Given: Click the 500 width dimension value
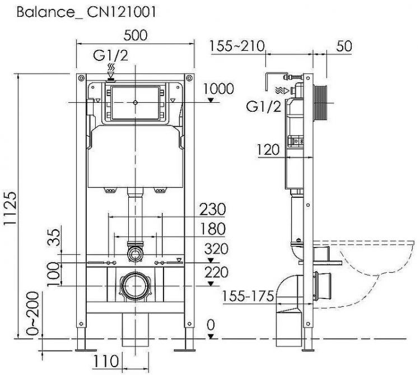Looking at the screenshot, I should [x=136, y=34].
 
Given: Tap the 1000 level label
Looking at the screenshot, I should [x=218, y=89].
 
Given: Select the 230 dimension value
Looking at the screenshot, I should [x=213, y=210].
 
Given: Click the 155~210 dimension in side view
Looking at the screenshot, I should [x=237, y=47].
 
